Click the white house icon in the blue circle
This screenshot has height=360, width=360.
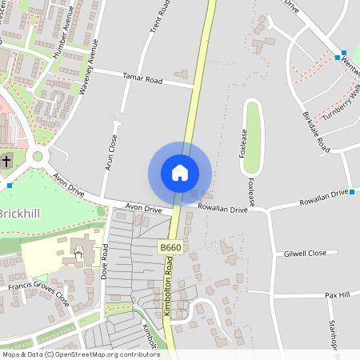(x=180, y=172)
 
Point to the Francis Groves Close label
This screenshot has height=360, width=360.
(x=38, y=291)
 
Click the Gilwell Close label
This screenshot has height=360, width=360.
(x=305, y=253)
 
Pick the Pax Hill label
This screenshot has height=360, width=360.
(x=338, y=295)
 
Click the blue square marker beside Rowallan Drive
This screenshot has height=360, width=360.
(x=351, y=191)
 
